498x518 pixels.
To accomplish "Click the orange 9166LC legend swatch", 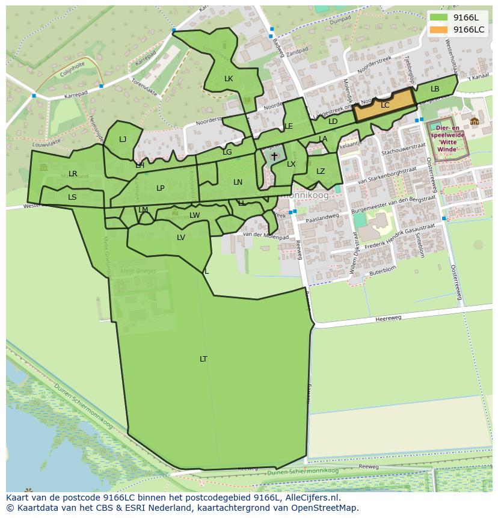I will coord(439,29).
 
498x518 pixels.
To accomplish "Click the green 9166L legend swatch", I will coord(439,17).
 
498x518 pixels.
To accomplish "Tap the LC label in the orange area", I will coord(385,105).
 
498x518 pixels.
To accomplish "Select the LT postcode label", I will coord(203,359).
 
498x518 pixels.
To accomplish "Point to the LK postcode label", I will coord(229,79).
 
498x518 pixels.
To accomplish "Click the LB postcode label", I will coord(435,89).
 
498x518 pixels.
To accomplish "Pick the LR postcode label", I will coord(73,174).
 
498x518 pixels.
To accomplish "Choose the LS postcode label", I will coord(72,197).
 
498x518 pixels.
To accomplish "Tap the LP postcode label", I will coord(161,188).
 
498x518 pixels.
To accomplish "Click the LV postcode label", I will coord(181,238).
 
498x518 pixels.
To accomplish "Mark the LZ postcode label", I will coord(321,171).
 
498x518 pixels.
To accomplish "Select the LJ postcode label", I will coord(123,140).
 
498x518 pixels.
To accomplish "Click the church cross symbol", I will coord(274,156).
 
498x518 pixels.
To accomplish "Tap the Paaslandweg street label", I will coord(322,215).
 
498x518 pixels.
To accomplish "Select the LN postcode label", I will coord(238,182).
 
